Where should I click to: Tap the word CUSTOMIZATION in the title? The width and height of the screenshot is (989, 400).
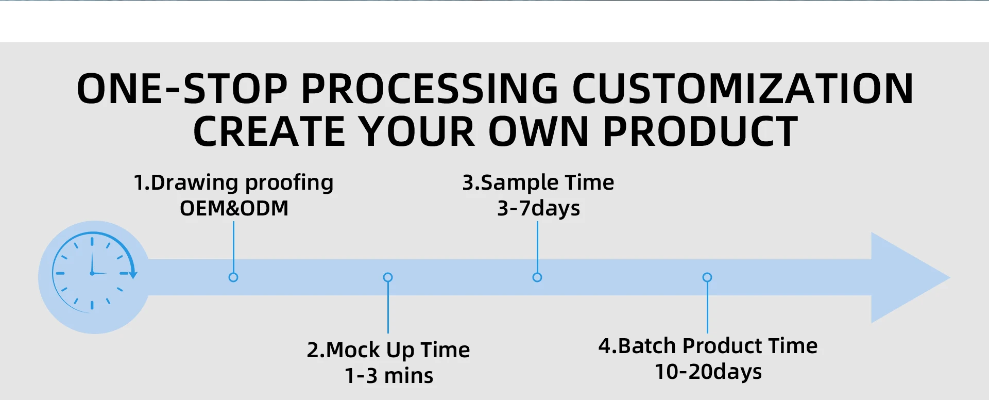point(742,89)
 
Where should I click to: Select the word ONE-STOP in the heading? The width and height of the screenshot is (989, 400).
point(182,89)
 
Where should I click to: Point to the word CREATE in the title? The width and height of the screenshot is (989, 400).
point(269,131)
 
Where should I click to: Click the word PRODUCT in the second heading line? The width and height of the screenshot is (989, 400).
point(700,131)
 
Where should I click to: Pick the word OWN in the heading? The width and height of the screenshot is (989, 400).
point(538,131)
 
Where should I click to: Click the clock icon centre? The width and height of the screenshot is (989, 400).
point(92,273)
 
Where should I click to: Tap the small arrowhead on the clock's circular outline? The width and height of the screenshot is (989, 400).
point(133,275)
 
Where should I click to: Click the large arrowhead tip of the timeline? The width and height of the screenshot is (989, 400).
point(949,277)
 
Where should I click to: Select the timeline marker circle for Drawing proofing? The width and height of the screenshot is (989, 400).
point(233,277)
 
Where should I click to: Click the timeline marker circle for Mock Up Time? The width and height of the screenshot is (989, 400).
point(388,277)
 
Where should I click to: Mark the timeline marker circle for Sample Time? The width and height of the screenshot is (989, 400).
point(537,277)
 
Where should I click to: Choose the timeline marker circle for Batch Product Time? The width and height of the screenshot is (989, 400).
point(707,277)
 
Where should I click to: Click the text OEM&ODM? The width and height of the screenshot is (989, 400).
point(234,208)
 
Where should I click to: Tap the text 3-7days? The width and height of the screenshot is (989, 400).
point(538,209)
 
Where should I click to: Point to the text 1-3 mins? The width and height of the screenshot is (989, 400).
point(389,376)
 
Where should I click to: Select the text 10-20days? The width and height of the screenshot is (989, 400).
point(708,372)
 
